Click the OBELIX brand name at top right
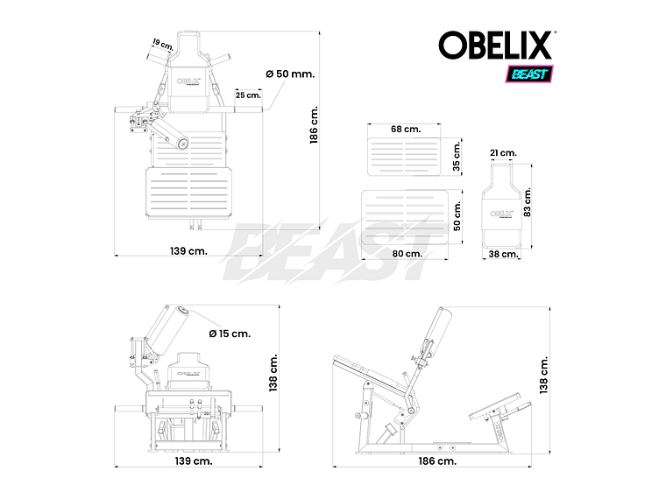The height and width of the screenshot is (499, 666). pos(496,45)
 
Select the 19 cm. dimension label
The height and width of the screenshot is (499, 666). pos(161,42)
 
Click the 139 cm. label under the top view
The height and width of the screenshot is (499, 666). pos(188,251)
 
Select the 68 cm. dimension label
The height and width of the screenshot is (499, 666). pos(406,129)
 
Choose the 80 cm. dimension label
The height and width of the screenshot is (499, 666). pos(407,253)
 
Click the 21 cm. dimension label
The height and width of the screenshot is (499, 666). pos(503,152)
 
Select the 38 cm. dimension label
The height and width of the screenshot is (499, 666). pos(504,254)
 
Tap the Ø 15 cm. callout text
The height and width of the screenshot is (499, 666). pos(230,333)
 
